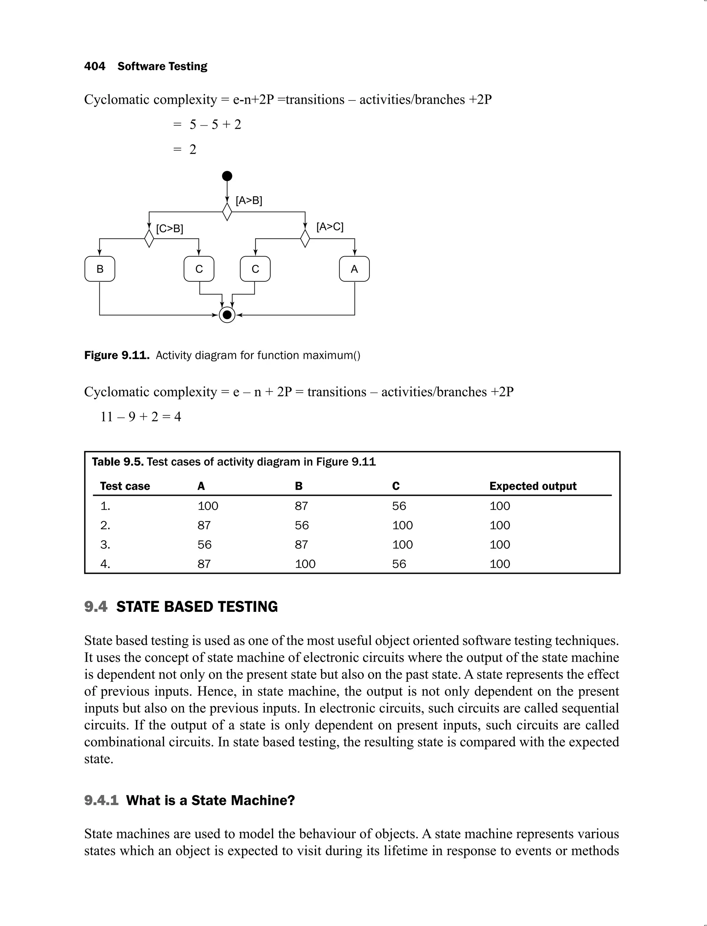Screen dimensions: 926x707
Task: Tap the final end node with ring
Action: click(227, 315)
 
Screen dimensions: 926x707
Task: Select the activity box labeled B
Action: click(100, 269)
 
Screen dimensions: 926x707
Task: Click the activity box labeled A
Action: click(354, 269)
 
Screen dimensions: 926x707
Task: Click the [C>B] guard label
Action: click(170, 229)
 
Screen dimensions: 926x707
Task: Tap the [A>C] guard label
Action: click(330, 226)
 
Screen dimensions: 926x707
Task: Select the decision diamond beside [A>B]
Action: click(227, 212)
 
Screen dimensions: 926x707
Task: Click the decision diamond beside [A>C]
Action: click(305, 239)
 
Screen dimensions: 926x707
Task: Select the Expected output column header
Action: click(533, 486)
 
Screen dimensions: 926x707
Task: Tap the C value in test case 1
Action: click(399, 505)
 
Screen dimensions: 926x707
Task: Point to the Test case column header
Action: click(125, 486)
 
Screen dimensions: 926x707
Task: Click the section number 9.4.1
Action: click(101, 800)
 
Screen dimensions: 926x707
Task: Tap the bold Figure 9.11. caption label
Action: click(117, 355)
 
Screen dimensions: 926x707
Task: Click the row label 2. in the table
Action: click(105, 525)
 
